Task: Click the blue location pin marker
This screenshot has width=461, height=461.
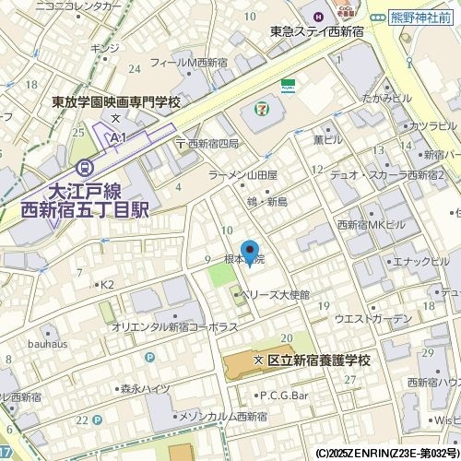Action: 249,252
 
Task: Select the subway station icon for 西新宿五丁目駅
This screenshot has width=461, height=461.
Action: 86,168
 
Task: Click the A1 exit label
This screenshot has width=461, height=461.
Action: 117,137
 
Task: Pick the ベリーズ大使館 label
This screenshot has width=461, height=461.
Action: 276,295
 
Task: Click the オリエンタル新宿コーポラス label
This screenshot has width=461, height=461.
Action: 174,327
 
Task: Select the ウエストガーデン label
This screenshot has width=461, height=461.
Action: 372,318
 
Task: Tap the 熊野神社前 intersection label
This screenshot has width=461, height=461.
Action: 427,17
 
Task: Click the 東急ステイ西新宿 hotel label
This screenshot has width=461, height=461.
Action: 318,31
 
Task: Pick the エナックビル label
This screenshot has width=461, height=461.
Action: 414,261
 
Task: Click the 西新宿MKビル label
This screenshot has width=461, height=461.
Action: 372,225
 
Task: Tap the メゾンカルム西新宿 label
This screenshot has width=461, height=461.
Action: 221,418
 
